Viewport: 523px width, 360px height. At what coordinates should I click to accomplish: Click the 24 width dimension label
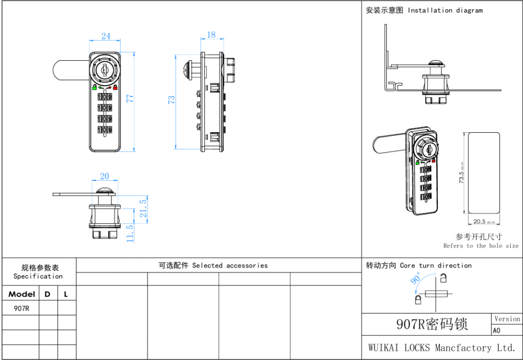click(106, 36)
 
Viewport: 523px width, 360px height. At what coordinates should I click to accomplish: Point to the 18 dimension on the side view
click(211, 35)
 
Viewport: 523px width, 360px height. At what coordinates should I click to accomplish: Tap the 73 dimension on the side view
click(172, 100)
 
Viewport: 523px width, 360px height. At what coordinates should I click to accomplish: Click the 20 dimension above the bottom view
click(104, 176)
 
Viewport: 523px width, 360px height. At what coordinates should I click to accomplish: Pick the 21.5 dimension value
click(144, 208)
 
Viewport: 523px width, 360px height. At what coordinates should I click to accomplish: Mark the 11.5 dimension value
click(130, 234)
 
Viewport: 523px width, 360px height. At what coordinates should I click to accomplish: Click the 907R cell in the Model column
click(21, 308)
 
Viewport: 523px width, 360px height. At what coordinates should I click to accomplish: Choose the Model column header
click(21, 294)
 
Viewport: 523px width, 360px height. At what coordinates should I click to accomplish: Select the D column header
click(47, 294)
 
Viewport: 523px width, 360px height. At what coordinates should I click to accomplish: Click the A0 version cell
click(496, 330)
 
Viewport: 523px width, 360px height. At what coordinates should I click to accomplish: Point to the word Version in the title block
click(507, 319)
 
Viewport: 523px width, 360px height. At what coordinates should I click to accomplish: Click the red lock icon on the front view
click(115, 87)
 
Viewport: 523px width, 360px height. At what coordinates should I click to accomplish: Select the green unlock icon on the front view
click(95, 87)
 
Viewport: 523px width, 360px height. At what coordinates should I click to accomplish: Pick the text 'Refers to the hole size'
click(481, 246)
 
